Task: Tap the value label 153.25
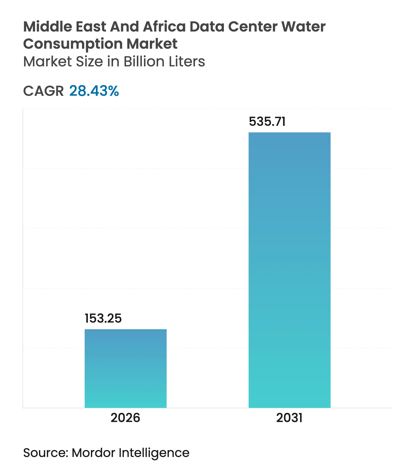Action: (103, 318)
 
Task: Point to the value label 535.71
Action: (267, 121)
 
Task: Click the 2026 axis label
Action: (125, 418)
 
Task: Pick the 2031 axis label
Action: (289, 418)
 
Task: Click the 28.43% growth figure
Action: (94, 91)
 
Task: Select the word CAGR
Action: (43, 91)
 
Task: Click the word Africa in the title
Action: (164, 27)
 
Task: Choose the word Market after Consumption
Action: (152, 44)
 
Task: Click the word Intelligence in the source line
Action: (154, 453)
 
